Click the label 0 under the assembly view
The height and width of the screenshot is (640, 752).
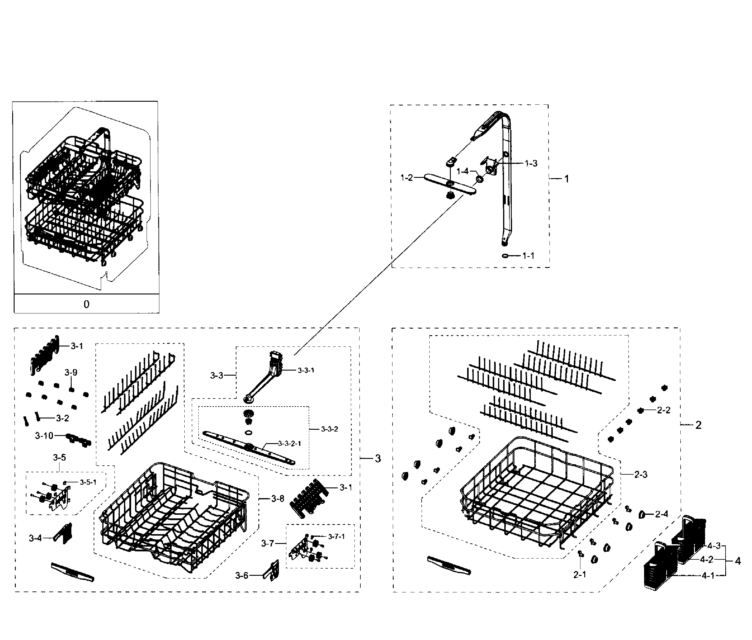(86, 304)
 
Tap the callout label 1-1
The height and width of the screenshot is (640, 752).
(528, 256)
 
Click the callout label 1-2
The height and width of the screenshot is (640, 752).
(407, 178)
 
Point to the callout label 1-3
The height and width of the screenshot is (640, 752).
(531, 164)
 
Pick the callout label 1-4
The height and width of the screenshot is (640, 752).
(462, 171)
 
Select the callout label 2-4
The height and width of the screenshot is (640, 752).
(662, 514)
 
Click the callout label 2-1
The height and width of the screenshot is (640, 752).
(580, 574)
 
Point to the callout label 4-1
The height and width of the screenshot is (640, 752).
(708, 575)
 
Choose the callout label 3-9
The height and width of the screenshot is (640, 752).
(71, 372)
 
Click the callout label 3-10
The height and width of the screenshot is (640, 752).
(44, 436)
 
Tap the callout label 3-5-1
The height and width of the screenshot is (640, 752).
(88, 482)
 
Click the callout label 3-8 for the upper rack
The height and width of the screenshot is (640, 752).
(277, 499)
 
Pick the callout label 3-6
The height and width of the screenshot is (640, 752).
(242, 575)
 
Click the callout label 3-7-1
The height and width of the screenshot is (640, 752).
(336, 536)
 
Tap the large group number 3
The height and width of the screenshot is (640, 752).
(378, 459)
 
